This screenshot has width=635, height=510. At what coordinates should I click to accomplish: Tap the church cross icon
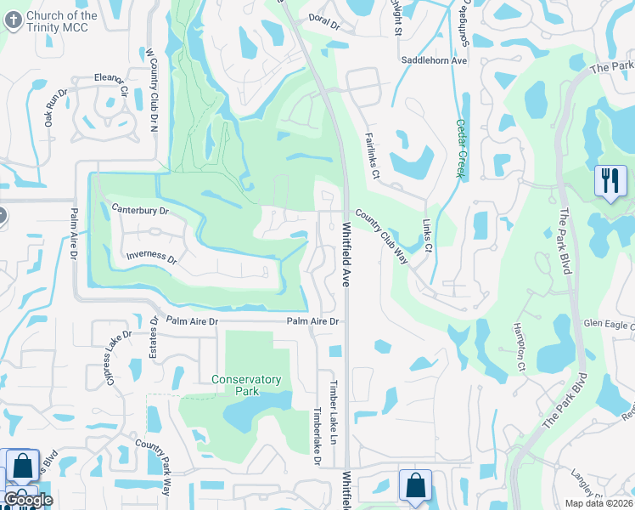pos(13,21)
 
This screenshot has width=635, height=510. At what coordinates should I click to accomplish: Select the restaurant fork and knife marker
pos(610,181)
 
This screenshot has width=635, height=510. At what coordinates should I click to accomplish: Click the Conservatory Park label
pos(246,385)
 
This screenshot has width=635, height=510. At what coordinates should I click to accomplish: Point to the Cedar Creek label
pos(461,147)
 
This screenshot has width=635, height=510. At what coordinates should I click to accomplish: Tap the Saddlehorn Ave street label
pos(435,61)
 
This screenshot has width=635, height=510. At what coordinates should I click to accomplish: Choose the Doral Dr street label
pos(323,27)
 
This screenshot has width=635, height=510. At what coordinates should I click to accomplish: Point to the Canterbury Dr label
pos(140,210)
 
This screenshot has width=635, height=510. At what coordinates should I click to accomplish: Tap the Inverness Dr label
pos(151,256)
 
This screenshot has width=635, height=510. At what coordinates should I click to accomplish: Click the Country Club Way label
pos(382,237)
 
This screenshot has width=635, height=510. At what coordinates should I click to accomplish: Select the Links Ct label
pos(428,237)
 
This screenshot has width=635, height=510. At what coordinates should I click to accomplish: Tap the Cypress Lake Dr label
pos(119,356)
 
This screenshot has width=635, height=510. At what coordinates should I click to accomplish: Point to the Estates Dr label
pos(155,337)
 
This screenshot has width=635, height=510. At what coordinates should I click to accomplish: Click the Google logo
pos(28,499)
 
